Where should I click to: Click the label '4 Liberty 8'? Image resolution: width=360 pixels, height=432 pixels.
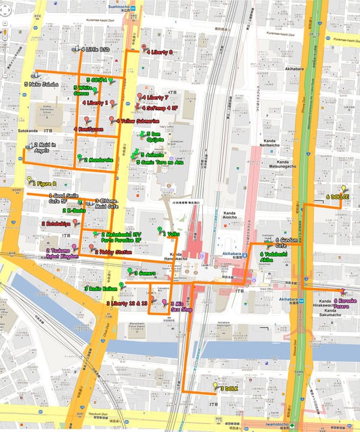pyautogui.click(x=159, y=52)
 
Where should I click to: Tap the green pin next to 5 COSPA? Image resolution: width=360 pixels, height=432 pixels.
pyautogui.click(x=111, y=80)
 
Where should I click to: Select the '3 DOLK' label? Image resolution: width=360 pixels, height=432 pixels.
pyautogui.click(x=230, y=389)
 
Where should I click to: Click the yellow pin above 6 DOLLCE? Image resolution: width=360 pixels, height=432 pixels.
pyautogui.click(x=344, y=188)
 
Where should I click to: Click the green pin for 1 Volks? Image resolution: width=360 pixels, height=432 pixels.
pyautogui.click(x=160, y=230)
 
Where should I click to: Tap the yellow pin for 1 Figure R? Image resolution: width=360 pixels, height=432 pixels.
pyautogui.click(x=29, y=179)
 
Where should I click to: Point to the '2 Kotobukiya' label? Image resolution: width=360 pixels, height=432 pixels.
pyautogui.click(x=56, y=224)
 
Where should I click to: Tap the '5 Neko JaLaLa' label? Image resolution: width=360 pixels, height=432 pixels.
pyautogui.click(x=41, y=85)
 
